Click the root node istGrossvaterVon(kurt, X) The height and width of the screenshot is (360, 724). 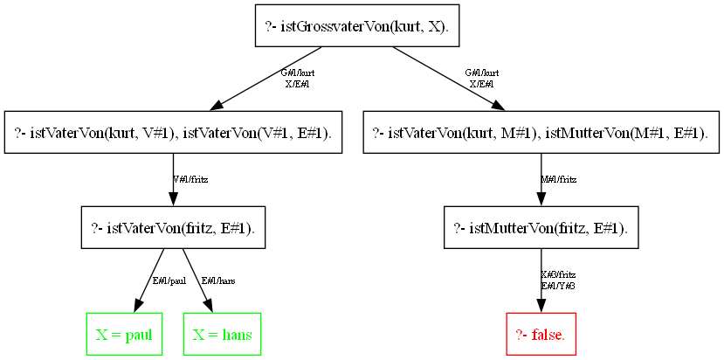[x=356, y=26]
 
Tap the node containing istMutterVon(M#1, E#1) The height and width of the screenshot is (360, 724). [x=541, y=133]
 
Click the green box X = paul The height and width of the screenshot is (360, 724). [x=125, y=335]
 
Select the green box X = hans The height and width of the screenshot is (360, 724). [x=223, y=335]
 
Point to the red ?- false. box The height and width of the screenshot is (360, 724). [x=541, y=335]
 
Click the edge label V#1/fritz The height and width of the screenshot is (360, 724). [x=190, y=180]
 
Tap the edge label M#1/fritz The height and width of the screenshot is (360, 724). [x=559, y=180]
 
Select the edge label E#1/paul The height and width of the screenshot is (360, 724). [x=169, y=281]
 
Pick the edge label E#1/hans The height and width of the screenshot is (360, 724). [x=218, y=281]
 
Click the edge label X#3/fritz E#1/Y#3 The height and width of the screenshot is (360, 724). [x=558, y=280]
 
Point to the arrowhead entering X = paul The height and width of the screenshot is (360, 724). [x=138, y=305]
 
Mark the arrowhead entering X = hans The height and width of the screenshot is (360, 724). [x=210, y=305]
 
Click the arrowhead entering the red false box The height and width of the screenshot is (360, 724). [x=541, y=304]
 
